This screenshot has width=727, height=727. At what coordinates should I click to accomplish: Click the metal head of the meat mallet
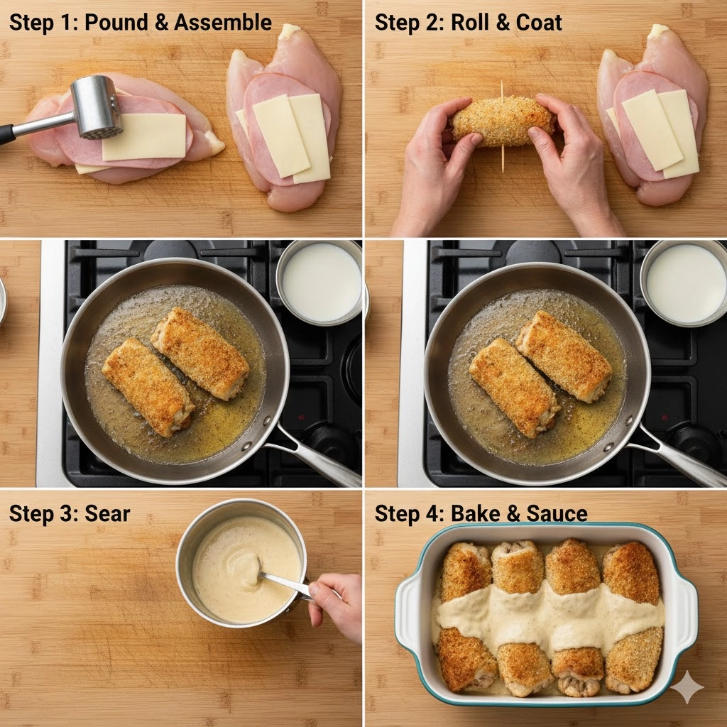97,107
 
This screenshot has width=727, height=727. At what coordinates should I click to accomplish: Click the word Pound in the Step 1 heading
116,22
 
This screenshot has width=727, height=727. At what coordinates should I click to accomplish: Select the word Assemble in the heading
222,22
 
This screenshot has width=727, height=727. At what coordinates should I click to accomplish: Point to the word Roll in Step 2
469,22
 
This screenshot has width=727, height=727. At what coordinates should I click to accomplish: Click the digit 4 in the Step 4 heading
431,514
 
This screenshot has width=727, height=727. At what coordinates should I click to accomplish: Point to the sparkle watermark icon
687,687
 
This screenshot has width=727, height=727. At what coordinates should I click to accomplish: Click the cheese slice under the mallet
143,137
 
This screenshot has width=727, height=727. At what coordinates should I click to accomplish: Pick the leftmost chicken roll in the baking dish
464,617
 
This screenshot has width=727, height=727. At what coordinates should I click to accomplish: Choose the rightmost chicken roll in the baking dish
633,617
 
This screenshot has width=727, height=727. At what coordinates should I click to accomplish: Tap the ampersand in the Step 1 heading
161,22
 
